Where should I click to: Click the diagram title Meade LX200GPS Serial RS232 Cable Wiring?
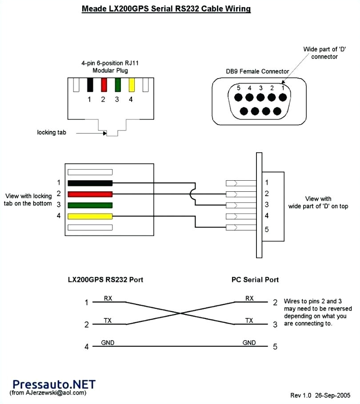pos(166,9)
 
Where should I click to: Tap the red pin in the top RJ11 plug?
pos(104,85)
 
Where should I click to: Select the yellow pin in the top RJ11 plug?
pos(132,85)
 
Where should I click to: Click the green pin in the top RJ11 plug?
pos(118,85)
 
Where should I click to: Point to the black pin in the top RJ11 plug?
pos(90,85)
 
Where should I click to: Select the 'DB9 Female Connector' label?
pos(257,71)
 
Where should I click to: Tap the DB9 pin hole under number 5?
pos(239,97)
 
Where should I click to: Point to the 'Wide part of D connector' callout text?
pos(320,53)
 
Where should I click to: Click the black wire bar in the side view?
pos(90,183)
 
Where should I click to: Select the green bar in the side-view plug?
pos(90,205)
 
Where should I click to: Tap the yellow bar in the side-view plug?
pos(90,216)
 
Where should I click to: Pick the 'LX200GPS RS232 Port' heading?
pos(105,280)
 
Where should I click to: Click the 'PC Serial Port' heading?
pos(255,280)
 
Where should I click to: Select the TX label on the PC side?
pos(250,321)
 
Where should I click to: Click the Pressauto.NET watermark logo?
pos(54,384)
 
